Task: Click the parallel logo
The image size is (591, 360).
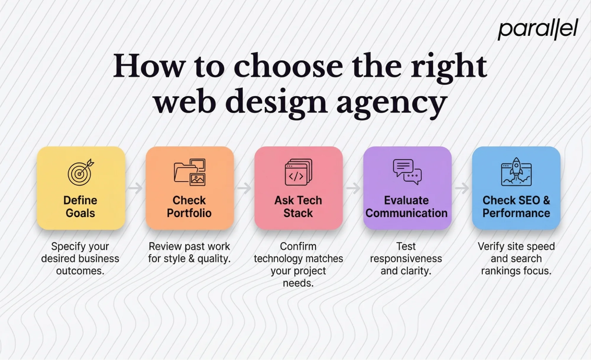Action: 538,29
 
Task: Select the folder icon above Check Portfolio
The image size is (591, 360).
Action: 190,172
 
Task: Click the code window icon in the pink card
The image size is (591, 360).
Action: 298,172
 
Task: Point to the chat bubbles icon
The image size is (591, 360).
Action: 407,171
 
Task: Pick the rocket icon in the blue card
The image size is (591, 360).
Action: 516,172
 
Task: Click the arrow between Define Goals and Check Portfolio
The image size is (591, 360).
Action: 135,188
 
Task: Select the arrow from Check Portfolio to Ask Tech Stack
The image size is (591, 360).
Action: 244,188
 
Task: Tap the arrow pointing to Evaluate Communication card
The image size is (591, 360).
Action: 353,188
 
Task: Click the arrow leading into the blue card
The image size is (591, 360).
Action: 462,188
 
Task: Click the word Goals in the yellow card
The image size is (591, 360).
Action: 80,213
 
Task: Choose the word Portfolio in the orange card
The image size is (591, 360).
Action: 189,213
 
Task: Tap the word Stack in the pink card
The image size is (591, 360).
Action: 298,213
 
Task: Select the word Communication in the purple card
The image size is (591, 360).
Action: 407,213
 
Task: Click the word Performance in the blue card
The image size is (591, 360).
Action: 516,213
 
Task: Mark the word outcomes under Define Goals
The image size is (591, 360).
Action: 80,271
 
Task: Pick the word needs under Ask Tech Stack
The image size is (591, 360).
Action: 298,283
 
